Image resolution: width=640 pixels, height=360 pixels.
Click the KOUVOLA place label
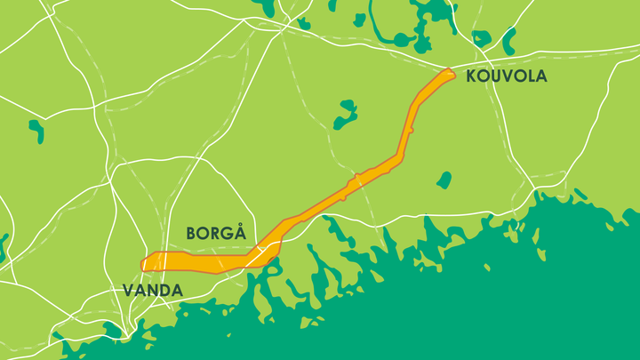[506, 76]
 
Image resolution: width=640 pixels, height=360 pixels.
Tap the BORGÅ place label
[215, 233]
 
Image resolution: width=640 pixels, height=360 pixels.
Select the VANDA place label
[152, 291]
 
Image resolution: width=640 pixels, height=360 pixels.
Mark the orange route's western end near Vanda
[145, 263]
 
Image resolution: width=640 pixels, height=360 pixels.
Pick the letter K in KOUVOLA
[472, 76]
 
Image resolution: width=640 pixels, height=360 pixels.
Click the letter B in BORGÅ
[191, 233]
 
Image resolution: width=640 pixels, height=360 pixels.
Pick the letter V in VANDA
[127, 291]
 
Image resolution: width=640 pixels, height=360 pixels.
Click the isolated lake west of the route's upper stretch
[345, 116]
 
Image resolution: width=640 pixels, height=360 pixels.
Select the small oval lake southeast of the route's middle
[444, 180]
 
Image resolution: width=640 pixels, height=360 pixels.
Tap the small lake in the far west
[36, 131]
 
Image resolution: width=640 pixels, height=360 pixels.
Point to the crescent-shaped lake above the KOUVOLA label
[509, 41]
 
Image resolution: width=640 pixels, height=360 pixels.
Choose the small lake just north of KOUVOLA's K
[481, 38]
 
